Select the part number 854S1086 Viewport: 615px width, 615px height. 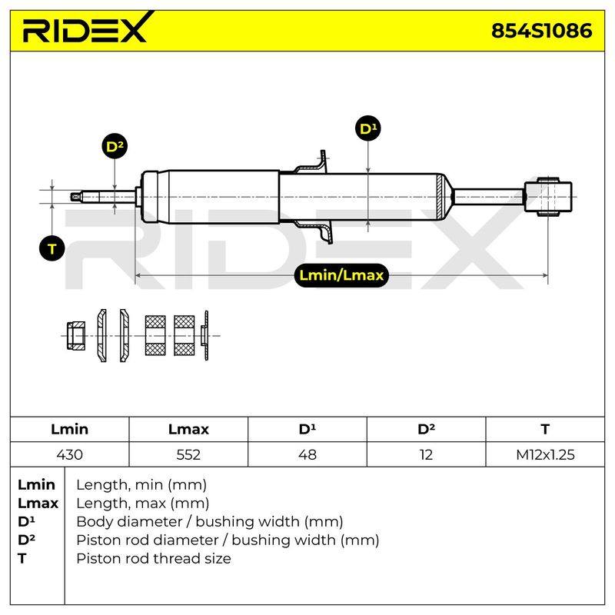(542, 31)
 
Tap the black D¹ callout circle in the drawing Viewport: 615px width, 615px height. (368, 128)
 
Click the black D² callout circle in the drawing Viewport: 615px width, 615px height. (115, 147)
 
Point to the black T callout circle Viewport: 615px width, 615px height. (52, 248)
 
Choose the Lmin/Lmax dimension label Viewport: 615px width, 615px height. (341, 275)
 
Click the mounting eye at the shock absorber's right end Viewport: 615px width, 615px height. (548, 197)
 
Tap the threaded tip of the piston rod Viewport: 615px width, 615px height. (76, 197)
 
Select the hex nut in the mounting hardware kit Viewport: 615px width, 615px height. (75, 336)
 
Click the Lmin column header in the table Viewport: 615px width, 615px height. (69, 429)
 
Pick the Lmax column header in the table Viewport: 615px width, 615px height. (188, 429)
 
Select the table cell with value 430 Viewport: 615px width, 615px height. (69, 454)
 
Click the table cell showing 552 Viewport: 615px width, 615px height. (188, 454)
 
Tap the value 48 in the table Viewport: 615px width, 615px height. (307, 454)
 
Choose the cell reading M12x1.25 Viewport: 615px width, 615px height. (545, 454)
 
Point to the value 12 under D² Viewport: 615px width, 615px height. (426, 454)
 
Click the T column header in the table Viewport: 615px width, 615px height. (545, 429)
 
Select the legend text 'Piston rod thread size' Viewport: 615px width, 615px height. (153, 559)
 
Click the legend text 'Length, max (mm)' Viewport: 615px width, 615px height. (142, 504)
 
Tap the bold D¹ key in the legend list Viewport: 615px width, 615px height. (26, 521)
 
